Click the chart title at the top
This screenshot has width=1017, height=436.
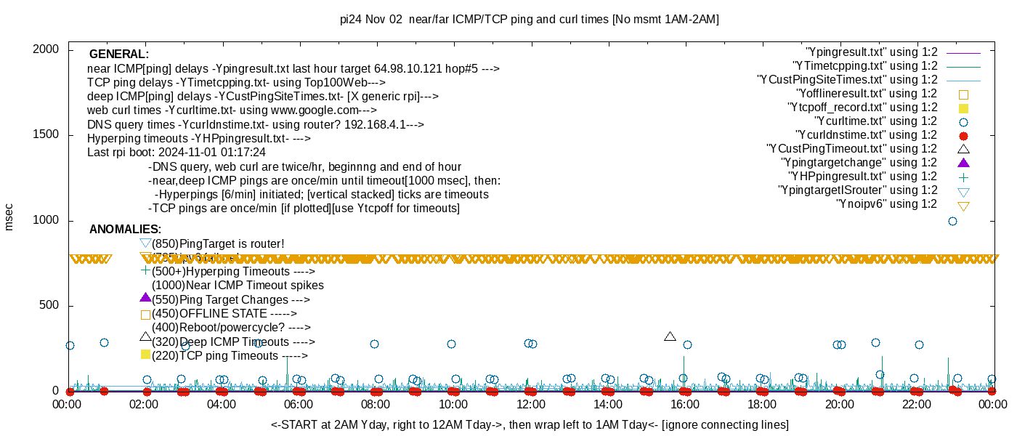[530, 20]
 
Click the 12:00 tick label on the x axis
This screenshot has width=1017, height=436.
[530, 405]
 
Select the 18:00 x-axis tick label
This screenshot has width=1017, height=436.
[762, 405]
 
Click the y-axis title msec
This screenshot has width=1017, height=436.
[9, 217]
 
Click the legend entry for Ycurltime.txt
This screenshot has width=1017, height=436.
[876, 121]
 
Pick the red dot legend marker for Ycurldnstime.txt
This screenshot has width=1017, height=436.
[964, 135]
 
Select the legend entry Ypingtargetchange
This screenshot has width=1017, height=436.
[859, 163]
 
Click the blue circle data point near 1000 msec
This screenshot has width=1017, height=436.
[953, 221]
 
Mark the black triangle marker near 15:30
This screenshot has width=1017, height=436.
[670, 336]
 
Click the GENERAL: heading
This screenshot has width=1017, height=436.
[119, 54]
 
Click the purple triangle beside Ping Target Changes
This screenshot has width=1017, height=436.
[145, 298]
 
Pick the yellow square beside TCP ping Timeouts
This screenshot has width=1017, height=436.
[145, 355]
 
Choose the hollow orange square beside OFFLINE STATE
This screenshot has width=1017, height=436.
[145, 315]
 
